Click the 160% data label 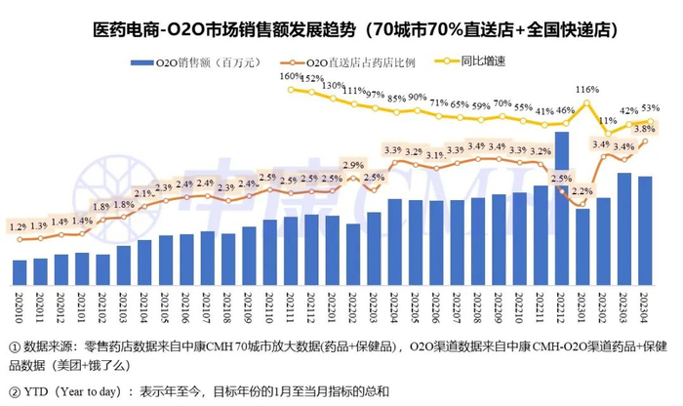[290, 75]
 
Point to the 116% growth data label [585, 90]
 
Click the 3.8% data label [643, 128]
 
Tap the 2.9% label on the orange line [352, 165]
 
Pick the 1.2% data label [19, 227]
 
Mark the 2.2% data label [583, 191]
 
